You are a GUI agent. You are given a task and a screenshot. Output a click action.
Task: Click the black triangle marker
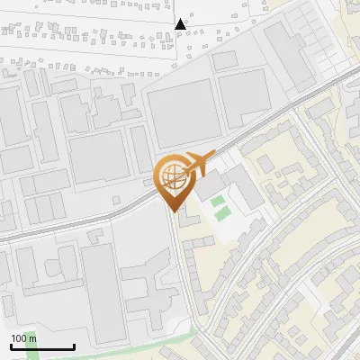coord(182,24)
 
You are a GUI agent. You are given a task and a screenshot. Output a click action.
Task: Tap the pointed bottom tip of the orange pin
coord(172,212)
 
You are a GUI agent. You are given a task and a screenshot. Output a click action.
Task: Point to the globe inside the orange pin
coord(172,176)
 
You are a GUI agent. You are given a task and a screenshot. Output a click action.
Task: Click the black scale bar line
coord(42,347)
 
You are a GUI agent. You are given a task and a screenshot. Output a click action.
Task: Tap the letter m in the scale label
coord(33,338)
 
